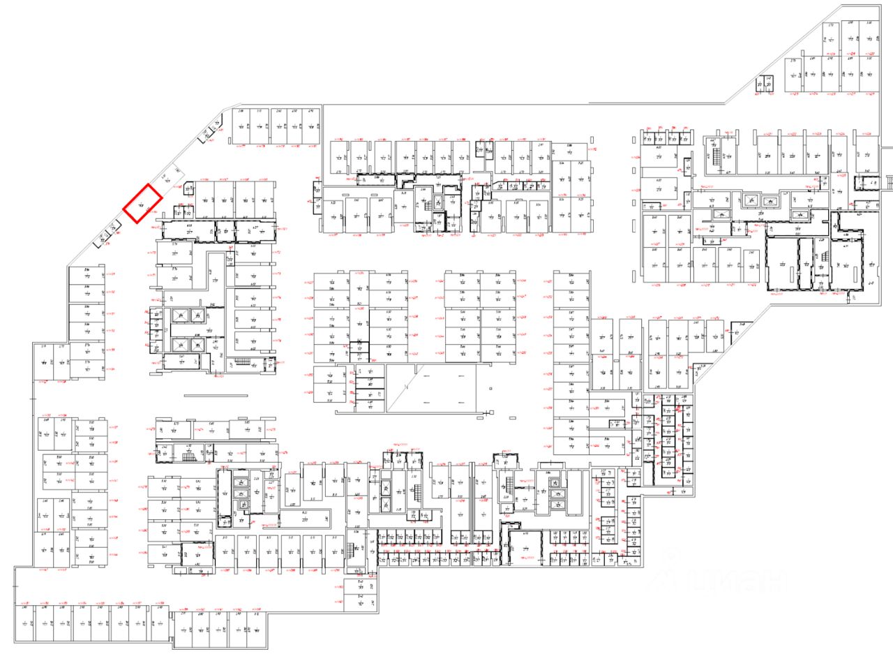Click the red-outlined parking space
coord(142,203)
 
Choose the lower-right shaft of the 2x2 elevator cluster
coord(197,343)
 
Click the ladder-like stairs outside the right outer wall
coord(888,181)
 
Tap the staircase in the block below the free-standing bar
coord(186,456)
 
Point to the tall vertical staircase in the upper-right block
coord(716,153)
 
